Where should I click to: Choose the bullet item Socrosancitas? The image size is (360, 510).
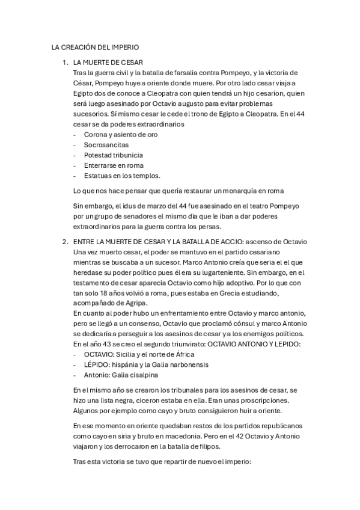(106, 145)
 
